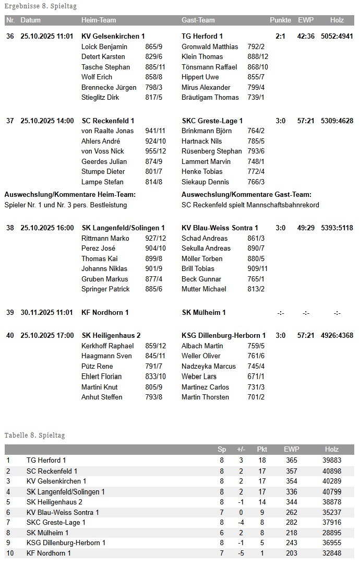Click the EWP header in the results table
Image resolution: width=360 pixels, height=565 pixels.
click(305, 20)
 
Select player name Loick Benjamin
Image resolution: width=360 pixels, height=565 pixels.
click(104, 46)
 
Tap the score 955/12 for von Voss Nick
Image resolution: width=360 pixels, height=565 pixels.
click(155, 151)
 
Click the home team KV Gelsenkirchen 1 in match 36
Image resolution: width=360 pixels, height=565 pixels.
click(113, 36)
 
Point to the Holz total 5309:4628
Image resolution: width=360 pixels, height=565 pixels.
click(337, 121)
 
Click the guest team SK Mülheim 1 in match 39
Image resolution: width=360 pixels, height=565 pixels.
click(203, 312)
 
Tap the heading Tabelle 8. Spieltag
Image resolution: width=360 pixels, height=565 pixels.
click(34, 435)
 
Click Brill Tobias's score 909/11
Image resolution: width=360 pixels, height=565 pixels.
click(257, 269)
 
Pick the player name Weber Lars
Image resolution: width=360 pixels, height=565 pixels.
click(199, 376)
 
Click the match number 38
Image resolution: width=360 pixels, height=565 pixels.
click(10, 228)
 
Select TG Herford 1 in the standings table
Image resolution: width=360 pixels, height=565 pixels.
click(46, 460)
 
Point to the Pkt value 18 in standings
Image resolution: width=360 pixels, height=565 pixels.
click(262, 460)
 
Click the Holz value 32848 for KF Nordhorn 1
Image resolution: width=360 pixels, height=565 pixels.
click(332, 553)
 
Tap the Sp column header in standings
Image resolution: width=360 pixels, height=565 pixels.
click(222, 449)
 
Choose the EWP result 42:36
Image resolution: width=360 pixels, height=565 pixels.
click(306, 36)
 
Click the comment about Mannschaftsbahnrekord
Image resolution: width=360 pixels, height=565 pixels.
click(250, 205)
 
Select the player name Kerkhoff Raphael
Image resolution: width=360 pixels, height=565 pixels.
click(107, 346)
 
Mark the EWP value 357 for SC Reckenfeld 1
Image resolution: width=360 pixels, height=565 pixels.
click(292, 470)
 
